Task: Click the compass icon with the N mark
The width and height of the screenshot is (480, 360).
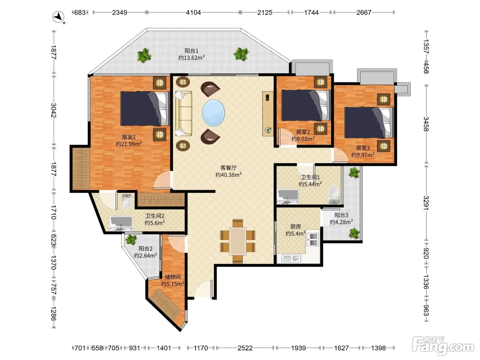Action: coord(58,17)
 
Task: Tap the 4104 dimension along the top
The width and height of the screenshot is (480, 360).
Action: coord(193,12)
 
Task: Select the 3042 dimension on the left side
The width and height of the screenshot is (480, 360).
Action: coord(54,110)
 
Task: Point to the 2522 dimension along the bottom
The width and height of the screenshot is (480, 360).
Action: coord(245,348)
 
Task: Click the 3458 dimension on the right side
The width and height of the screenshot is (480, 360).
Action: coord(426,124)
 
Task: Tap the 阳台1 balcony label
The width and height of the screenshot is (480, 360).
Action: coord(191,51)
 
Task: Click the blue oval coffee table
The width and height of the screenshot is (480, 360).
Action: coord(213,113)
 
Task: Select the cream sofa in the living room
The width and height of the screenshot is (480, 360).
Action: coord(183,113)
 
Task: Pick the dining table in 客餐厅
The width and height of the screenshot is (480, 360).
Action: coord(238,241)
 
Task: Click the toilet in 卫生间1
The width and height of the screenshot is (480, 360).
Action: coord(334,194)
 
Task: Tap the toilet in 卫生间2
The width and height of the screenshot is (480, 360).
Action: coord(127,202)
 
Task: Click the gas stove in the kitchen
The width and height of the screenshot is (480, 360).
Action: coord(313,239)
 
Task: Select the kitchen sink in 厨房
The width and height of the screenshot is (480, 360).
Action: coord(291,259)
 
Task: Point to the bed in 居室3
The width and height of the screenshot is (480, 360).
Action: coord(369,123)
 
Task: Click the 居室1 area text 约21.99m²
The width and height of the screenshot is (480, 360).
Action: coord(129,144)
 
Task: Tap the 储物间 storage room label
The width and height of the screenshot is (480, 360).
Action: coord(172,277)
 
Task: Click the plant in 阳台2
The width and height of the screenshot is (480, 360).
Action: coord(131,240)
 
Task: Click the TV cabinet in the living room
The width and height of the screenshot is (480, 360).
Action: coord(268,113)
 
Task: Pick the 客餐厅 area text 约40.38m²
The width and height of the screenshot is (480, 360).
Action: coord(229,175)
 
